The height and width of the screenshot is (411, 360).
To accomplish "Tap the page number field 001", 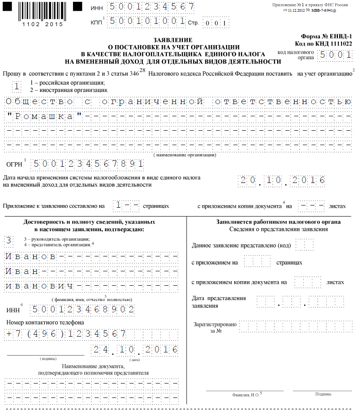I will click(x=215, y=23).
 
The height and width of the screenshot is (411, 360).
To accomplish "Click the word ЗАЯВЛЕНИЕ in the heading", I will click(x=173, y=40).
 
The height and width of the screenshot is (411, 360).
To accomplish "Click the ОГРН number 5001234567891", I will click(x=88, y=164).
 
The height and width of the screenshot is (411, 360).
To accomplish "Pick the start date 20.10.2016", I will click(x=282, y=181).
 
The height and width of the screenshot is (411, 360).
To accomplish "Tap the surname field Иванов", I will click(x=31, y=256).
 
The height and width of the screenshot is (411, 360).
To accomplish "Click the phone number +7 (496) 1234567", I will click(x=66, y=334).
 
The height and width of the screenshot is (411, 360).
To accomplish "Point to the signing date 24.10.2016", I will click(x=135, y=349).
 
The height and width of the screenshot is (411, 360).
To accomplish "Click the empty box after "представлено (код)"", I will click(x=306, y=246).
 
